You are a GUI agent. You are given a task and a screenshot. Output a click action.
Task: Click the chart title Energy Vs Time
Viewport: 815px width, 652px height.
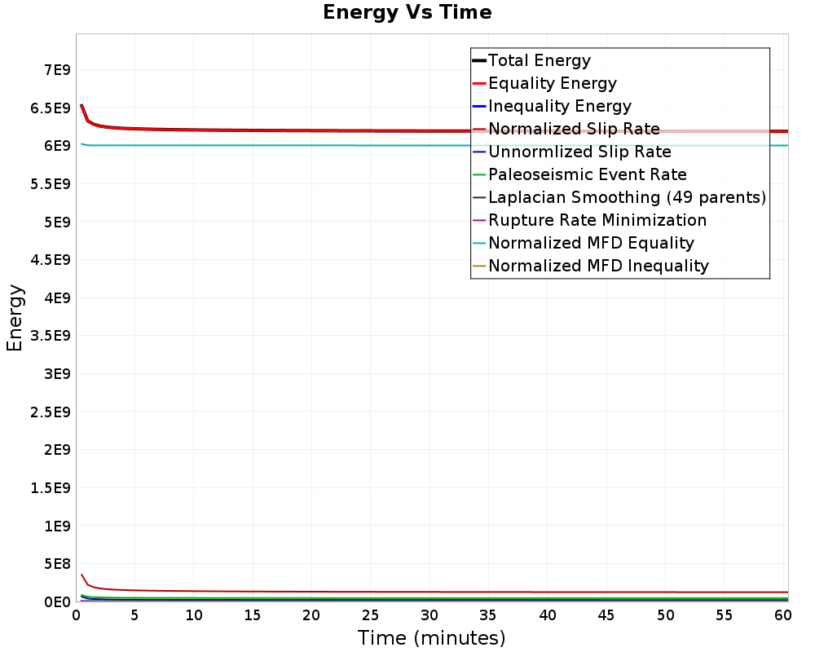[407, 12]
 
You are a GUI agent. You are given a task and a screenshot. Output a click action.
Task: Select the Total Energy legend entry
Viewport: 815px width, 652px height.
[531, 60]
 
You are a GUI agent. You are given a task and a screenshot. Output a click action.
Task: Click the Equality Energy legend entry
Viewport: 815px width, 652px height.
[544, 83]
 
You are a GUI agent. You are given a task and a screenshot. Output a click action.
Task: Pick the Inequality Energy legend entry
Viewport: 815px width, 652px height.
[552, 106]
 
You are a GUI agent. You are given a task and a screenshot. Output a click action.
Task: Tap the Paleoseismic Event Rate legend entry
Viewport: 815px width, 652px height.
[579, 174]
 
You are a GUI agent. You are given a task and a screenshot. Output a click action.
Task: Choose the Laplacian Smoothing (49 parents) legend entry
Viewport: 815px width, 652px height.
[619, 197]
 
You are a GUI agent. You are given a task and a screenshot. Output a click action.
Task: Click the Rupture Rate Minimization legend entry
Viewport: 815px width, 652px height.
[589, 220]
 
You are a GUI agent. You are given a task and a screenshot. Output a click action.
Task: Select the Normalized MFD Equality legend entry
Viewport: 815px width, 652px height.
[584, 244]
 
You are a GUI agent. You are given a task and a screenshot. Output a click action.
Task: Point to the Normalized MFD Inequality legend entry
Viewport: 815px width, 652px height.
[590, 267]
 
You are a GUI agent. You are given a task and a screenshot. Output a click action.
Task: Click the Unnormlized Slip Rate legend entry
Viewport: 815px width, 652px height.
[572, 152]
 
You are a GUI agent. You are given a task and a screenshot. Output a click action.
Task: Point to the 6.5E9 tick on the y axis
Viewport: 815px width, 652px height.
[51, 108]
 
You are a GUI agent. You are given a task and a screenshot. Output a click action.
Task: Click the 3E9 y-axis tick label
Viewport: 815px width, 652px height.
[57, 374]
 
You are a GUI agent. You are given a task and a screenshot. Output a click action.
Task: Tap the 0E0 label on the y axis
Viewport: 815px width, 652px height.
[57, 602]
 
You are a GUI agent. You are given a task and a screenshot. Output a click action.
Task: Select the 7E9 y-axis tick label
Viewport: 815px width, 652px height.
[57, 69]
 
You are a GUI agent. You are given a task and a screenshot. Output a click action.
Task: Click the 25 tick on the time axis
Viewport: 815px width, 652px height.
[370, 615]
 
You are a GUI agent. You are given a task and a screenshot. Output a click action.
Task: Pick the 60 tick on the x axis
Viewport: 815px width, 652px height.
[782, 615]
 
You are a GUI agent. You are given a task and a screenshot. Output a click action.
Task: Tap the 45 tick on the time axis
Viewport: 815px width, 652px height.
[606, 615]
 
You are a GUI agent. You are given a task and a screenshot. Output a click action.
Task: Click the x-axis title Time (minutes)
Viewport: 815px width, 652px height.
[431, 638]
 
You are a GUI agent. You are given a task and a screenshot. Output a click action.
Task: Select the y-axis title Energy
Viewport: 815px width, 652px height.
[15, 318]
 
